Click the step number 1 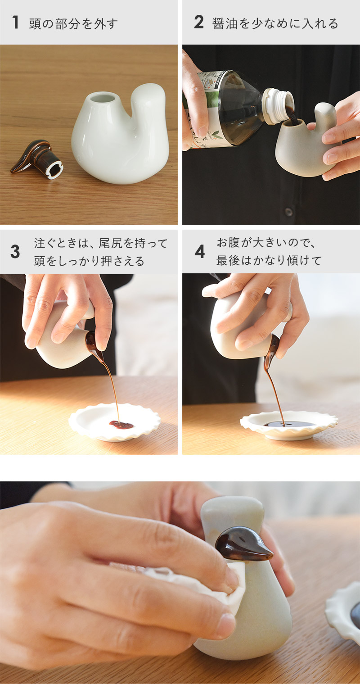(15, 23)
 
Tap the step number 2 (198, 23)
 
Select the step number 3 (15, 252)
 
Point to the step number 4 (200, 252)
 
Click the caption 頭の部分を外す (73, 24)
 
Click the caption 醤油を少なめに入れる (275, 23)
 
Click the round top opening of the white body (103, 100)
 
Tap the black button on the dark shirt (288, 211)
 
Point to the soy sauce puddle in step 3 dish (121, 425)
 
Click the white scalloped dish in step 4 (289, 426)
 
